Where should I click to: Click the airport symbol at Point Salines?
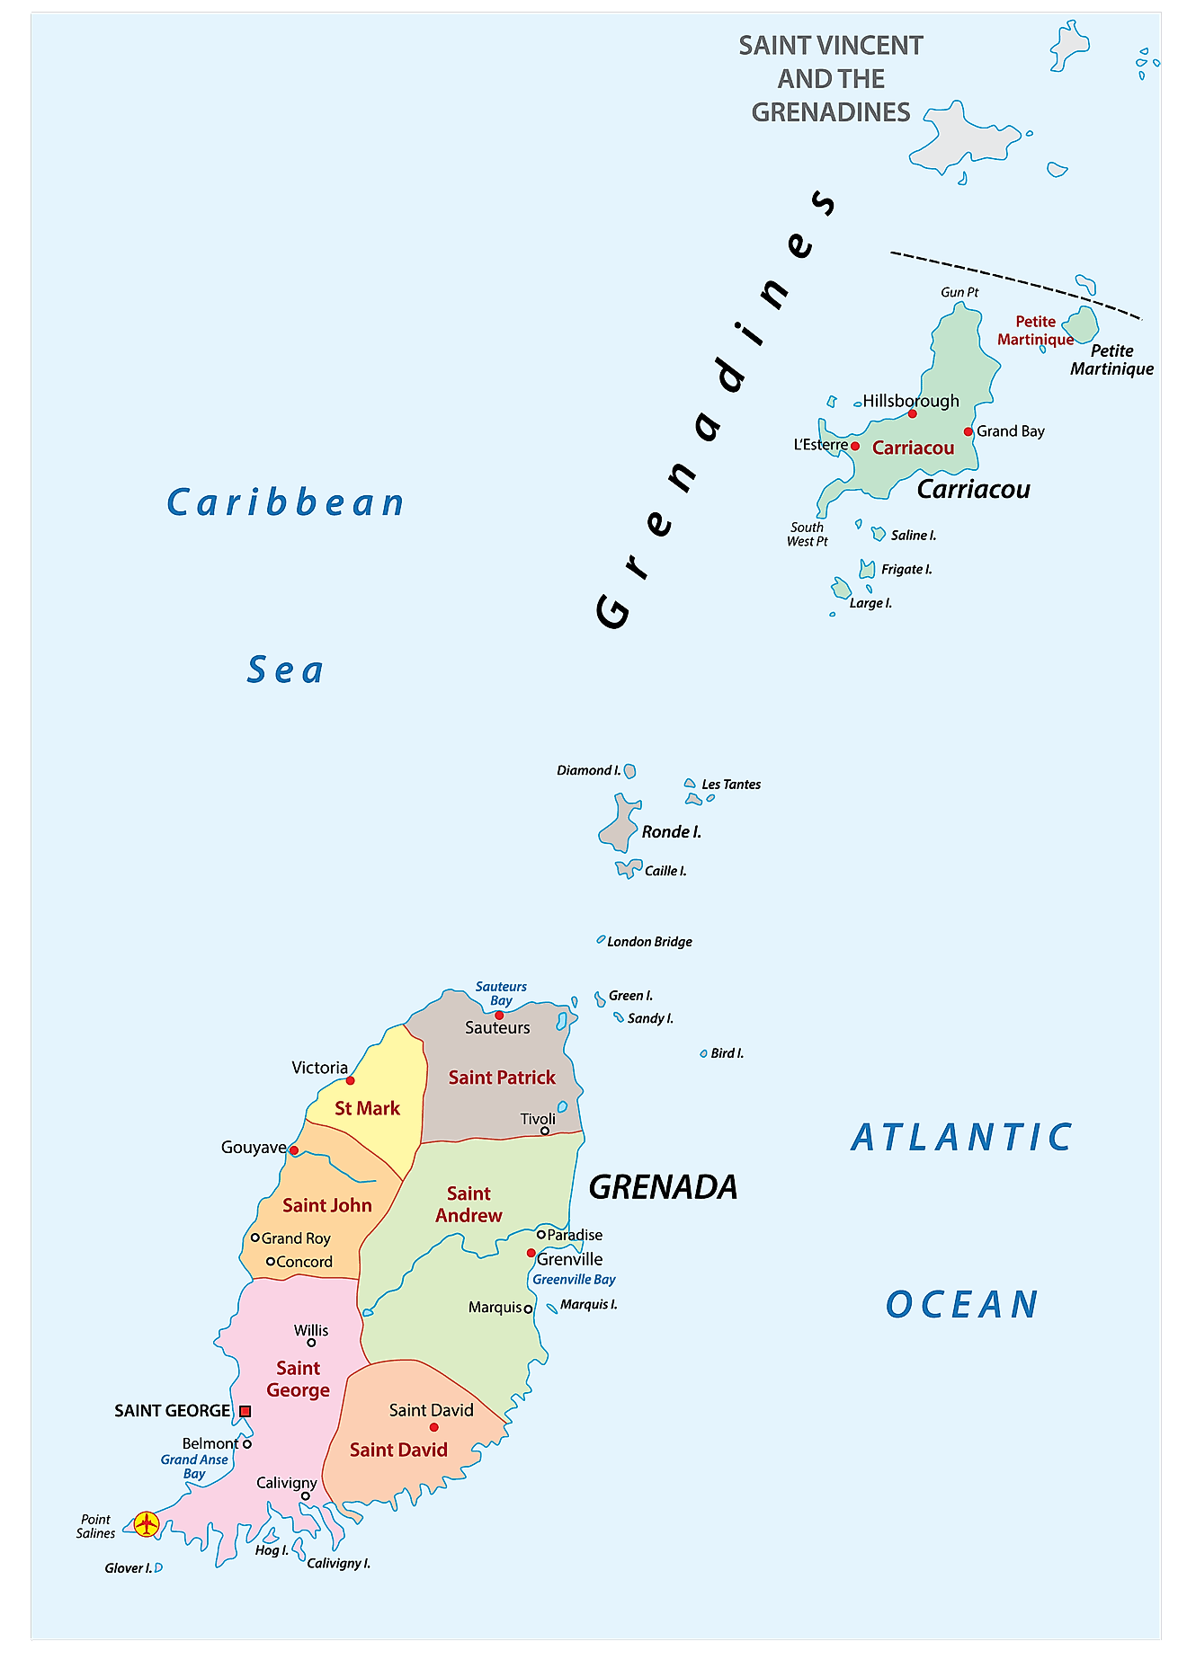point(146,1524)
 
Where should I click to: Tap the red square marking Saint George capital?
point(245,1411)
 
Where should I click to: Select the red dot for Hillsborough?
point(912,413)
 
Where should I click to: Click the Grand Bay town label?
point(1011,431)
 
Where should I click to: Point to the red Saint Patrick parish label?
point(502,1078)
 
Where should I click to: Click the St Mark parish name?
point(367,1109)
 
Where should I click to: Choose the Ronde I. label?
point(671,832)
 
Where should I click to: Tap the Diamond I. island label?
point(588,770)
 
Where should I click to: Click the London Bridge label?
point(649,942)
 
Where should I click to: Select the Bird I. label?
point(727,1053)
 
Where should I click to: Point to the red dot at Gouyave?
point(294,1150)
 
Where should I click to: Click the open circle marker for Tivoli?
point(545,1131)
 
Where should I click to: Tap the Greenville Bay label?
point(574,1280)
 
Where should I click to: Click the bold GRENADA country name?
point(663,1187)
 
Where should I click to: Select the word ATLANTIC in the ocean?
point(961,1138)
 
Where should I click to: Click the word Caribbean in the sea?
point(285,502)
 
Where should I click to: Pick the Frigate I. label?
point(906,569)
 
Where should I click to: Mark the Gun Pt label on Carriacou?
point(959,292)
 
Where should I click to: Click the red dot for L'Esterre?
point(855,446)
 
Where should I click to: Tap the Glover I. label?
point(128,1568)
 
